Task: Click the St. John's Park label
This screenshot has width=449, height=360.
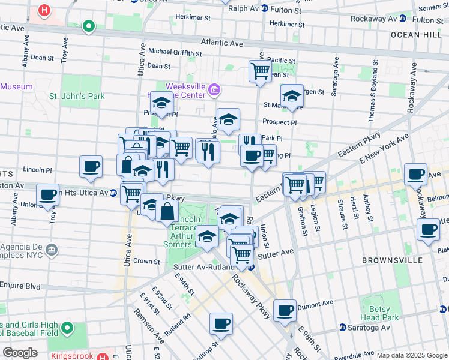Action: click(77, 96)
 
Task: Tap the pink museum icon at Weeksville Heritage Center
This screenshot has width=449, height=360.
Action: click(215, 91)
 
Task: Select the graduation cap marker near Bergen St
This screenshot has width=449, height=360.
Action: click(292, 95)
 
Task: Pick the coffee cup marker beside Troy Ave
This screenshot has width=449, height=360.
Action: click(48, 194)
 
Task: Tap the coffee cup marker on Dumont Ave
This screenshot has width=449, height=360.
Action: click(285, 310)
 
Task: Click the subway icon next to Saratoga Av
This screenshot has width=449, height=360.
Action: click(342, 328)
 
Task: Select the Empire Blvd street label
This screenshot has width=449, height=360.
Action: click(20, 286)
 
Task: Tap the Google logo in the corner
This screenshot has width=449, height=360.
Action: click(20, 352)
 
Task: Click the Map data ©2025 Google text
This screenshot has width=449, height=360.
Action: click(411, 355)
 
